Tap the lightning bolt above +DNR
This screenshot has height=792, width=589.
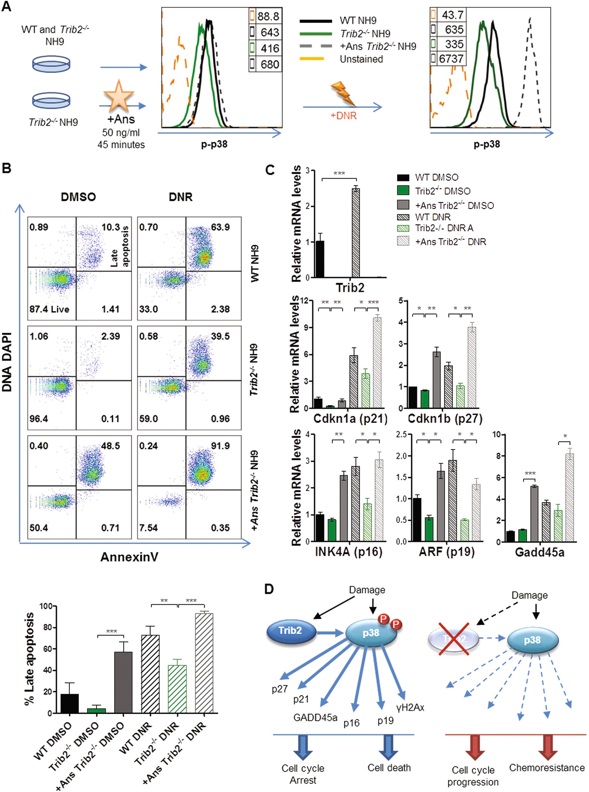pyautogui.click(x=343, y=94)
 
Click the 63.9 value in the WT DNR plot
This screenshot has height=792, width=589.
pyautogui.click(x=220, y=227)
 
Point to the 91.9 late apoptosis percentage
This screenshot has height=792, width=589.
pyautogui.click(x=220, y=446)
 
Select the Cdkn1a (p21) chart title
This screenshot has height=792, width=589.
pyautogui.click(x=350, y=418)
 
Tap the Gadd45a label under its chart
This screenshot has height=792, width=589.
pyautogui.click(x=540, y=552)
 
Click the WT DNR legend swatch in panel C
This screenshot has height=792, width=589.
pyautogui.click(x=403, y=217)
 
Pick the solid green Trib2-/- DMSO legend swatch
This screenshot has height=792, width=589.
pyautogui.click(x=403, y=191)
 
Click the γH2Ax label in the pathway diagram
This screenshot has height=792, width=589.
pyautogui.click(x=410, y=707)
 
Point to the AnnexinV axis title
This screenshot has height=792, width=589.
pyautogui.click(x=129, y=557)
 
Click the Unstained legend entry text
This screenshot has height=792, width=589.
pyautogui.click(x=361, y=59)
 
